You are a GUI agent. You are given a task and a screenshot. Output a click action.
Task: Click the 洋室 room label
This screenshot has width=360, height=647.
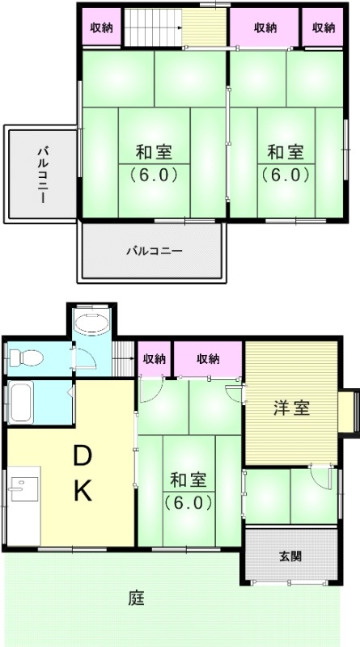pos(290,408)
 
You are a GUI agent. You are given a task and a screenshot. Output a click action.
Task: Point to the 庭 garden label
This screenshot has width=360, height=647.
pos(136,599)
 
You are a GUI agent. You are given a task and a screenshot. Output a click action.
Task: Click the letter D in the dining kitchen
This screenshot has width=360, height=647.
pos(83,457)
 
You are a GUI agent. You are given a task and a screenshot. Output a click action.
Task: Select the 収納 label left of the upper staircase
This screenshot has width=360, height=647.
pos(102,27)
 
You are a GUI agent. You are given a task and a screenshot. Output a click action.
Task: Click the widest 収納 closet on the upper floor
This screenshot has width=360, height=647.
pos(265,27)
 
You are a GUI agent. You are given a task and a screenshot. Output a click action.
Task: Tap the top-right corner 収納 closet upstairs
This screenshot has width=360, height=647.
pos(324,27)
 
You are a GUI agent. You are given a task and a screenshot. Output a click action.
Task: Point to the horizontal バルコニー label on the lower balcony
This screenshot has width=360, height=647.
pos(154,251)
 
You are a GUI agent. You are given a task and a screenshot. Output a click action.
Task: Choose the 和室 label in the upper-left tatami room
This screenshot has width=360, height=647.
pos(153,152)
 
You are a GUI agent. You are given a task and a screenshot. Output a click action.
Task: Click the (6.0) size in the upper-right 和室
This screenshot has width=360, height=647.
pos(286,174)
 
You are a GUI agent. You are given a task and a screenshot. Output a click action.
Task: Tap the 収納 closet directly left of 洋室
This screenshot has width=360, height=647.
pos(208,359)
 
